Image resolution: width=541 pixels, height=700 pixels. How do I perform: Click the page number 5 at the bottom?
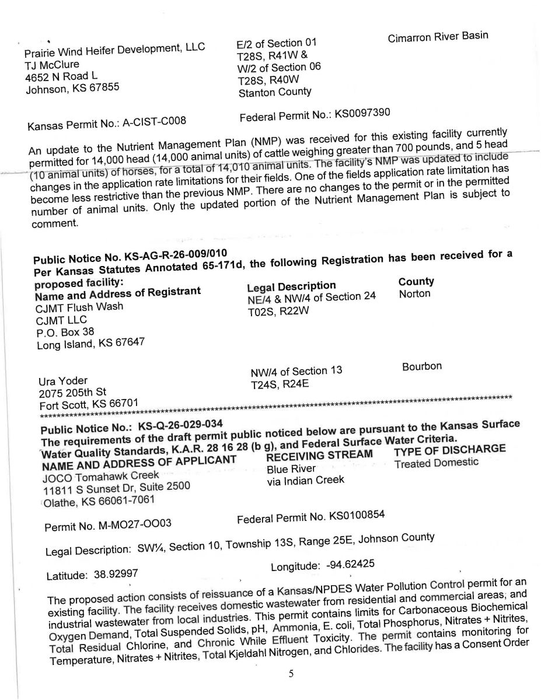pos(291,674)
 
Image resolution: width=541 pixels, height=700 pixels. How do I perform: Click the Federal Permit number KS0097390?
pos(361,113)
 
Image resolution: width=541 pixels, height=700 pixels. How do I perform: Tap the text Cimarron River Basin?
pos(438,37)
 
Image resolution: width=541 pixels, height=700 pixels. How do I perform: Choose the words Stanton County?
pos(275,92)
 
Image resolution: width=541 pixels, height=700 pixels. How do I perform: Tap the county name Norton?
pos(414,293)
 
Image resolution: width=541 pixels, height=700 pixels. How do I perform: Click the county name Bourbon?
pos(421,366)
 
